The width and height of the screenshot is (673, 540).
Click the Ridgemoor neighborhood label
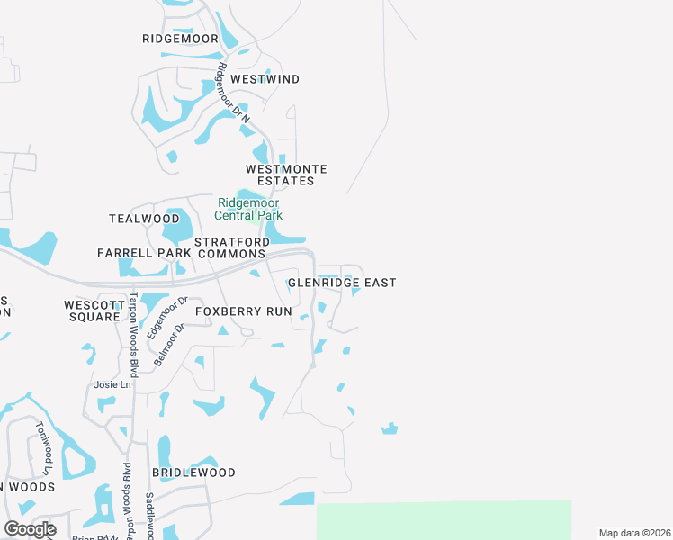(180, 39)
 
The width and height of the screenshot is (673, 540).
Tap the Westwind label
(265, 79)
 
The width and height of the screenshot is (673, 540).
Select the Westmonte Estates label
(286, 175)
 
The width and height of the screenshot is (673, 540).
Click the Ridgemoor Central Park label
(248, 209)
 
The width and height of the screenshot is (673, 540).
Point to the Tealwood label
(144, 219)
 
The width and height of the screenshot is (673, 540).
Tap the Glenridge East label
(342, 283)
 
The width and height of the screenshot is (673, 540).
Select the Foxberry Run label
(244, 311)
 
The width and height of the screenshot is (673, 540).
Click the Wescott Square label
(92, 310)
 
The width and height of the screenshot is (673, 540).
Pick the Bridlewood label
(193, 472)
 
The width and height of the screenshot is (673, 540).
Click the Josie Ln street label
(113, 384)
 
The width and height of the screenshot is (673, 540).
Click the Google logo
(30, 528)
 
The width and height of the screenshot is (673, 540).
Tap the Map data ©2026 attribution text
(634, 533)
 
